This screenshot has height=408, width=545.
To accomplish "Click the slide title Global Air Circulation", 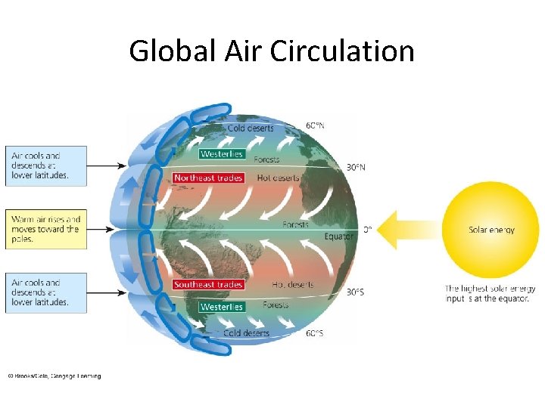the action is click(x=272, y=51).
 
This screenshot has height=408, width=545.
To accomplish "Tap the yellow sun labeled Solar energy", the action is click(x=491, y=230).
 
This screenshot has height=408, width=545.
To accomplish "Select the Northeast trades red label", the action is click(x=208, y=178).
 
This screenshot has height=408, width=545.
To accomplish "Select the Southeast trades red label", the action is click(x=208, y=285).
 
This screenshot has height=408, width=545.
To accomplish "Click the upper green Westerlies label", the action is click(x=221, y=154).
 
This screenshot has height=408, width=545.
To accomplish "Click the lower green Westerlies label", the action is click(x=221, y=308).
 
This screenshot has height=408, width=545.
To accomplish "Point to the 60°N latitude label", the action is click(x=316, y=125).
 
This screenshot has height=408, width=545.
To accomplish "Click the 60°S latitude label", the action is click(x=315, y=333).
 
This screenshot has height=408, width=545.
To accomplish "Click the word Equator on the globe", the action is click(x=339, y=236).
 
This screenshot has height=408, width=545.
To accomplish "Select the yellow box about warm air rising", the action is click(x=45, y=229).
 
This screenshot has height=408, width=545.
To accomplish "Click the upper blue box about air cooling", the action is click(x=45, y=165).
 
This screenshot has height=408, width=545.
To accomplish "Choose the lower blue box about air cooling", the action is click(x=45, y=292).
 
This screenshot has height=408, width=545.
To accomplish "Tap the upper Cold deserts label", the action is click(x=251, y=128).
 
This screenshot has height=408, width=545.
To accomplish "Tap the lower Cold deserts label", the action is click(x=246, y=333).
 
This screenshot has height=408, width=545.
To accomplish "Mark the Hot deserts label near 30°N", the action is click(x=279, y=178).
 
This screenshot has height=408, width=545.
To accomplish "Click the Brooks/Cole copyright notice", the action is click(x=54, y=376).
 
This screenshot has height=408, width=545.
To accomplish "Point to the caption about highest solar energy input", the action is click(x=490, y=293).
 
